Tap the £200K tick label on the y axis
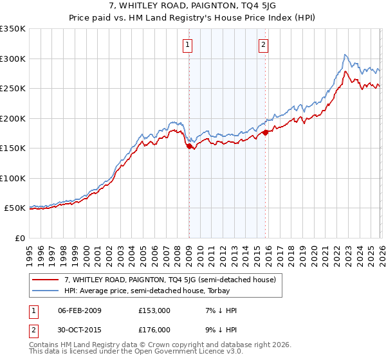coord(13,118)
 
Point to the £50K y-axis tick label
coord(15,208)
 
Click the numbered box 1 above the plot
coord(187,44)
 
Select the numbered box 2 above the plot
coord(264,44)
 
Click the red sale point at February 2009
coord(189,147)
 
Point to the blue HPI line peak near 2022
coord(345,55)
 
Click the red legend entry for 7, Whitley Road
coord(170,280)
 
